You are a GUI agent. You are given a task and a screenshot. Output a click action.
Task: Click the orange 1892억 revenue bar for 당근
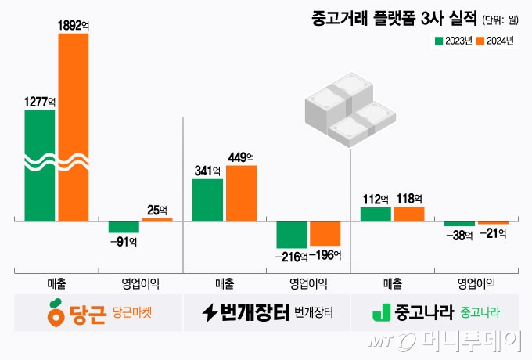[x=73, y=125]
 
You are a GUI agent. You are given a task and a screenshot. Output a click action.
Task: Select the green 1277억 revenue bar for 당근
[x=40, y=164]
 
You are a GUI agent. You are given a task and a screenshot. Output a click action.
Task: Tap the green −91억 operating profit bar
[x=124, y=227]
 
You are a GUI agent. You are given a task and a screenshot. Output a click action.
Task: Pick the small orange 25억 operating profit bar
[x=156, y=220]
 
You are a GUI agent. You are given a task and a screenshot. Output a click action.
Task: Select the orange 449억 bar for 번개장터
[x=241, y=193]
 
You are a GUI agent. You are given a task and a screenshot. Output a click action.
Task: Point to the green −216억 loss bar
[x=291, y=234]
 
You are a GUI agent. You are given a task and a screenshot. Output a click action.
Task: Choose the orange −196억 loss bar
[x=325, y=233]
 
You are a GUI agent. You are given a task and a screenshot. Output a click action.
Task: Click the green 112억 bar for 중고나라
[x=376, y=214]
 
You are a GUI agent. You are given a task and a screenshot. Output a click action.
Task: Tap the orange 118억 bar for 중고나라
[x=409, y=213]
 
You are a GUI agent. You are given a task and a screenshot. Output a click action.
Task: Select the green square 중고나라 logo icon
[x=381, y=313]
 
